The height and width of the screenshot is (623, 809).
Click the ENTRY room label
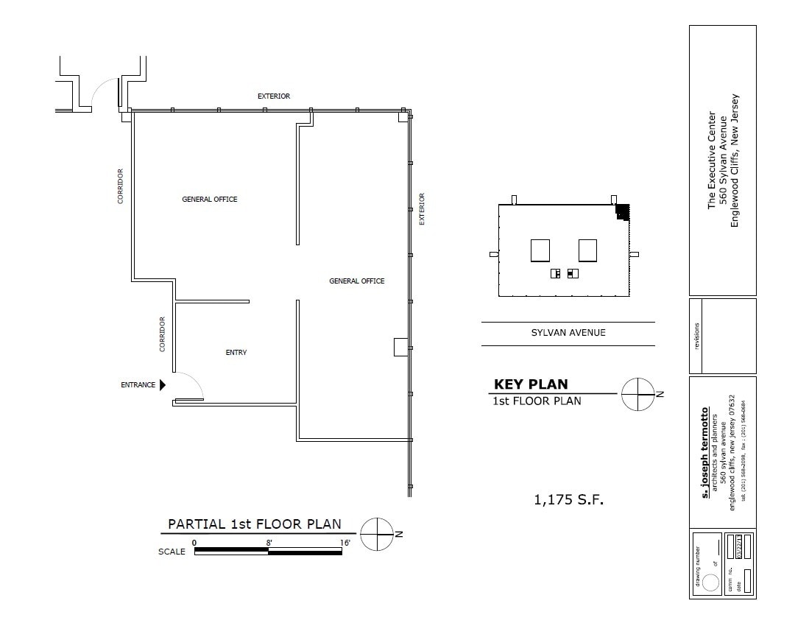pyautogui.click(x=236, y=353)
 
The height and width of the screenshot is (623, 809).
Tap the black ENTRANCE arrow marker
pyautogui.click(x=163, y=384)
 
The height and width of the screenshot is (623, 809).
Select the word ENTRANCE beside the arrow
pyautogui.click(x=138, y=384)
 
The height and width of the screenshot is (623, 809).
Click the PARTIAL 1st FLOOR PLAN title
pyautogui.click(x=255, y=524)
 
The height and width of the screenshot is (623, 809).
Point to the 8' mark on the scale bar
pyautogui.click(x=269, y=543)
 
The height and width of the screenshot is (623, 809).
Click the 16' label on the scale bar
pyautogui.click(x=345, y=543)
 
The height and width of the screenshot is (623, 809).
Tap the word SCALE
pyautogui.click(x=172, y=552)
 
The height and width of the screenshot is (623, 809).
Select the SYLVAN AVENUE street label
pyautogui.click(x=568, y=333)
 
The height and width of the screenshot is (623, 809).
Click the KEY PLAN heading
pyautogui.click(x=530, y=384)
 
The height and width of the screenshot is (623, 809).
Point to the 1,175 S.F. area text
pyautogui.click(x=568, y=500)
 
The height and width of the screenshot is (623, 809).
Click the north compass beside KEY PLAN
pyautogui.click(x=637, y=394)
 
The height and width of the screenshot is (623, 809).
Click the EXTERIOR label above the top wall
pyautogui.click(x=273, y=96)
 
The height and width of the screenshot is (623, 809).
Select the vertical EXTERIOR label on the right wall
pyautogui.click(x=422, y=209)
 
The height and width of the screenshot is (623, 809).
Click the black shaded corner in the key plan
pyautogui.click(x=623, y=211)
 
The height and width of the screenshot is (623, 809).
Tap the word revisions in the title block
pyautogui.click(x=697, y=336)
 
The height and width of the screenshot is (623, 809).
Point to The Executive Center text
pyautogui.click(x=711, y=160)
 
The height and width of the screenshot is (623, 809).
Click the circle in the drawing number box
pyautogui.click(x=710, y=582)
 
